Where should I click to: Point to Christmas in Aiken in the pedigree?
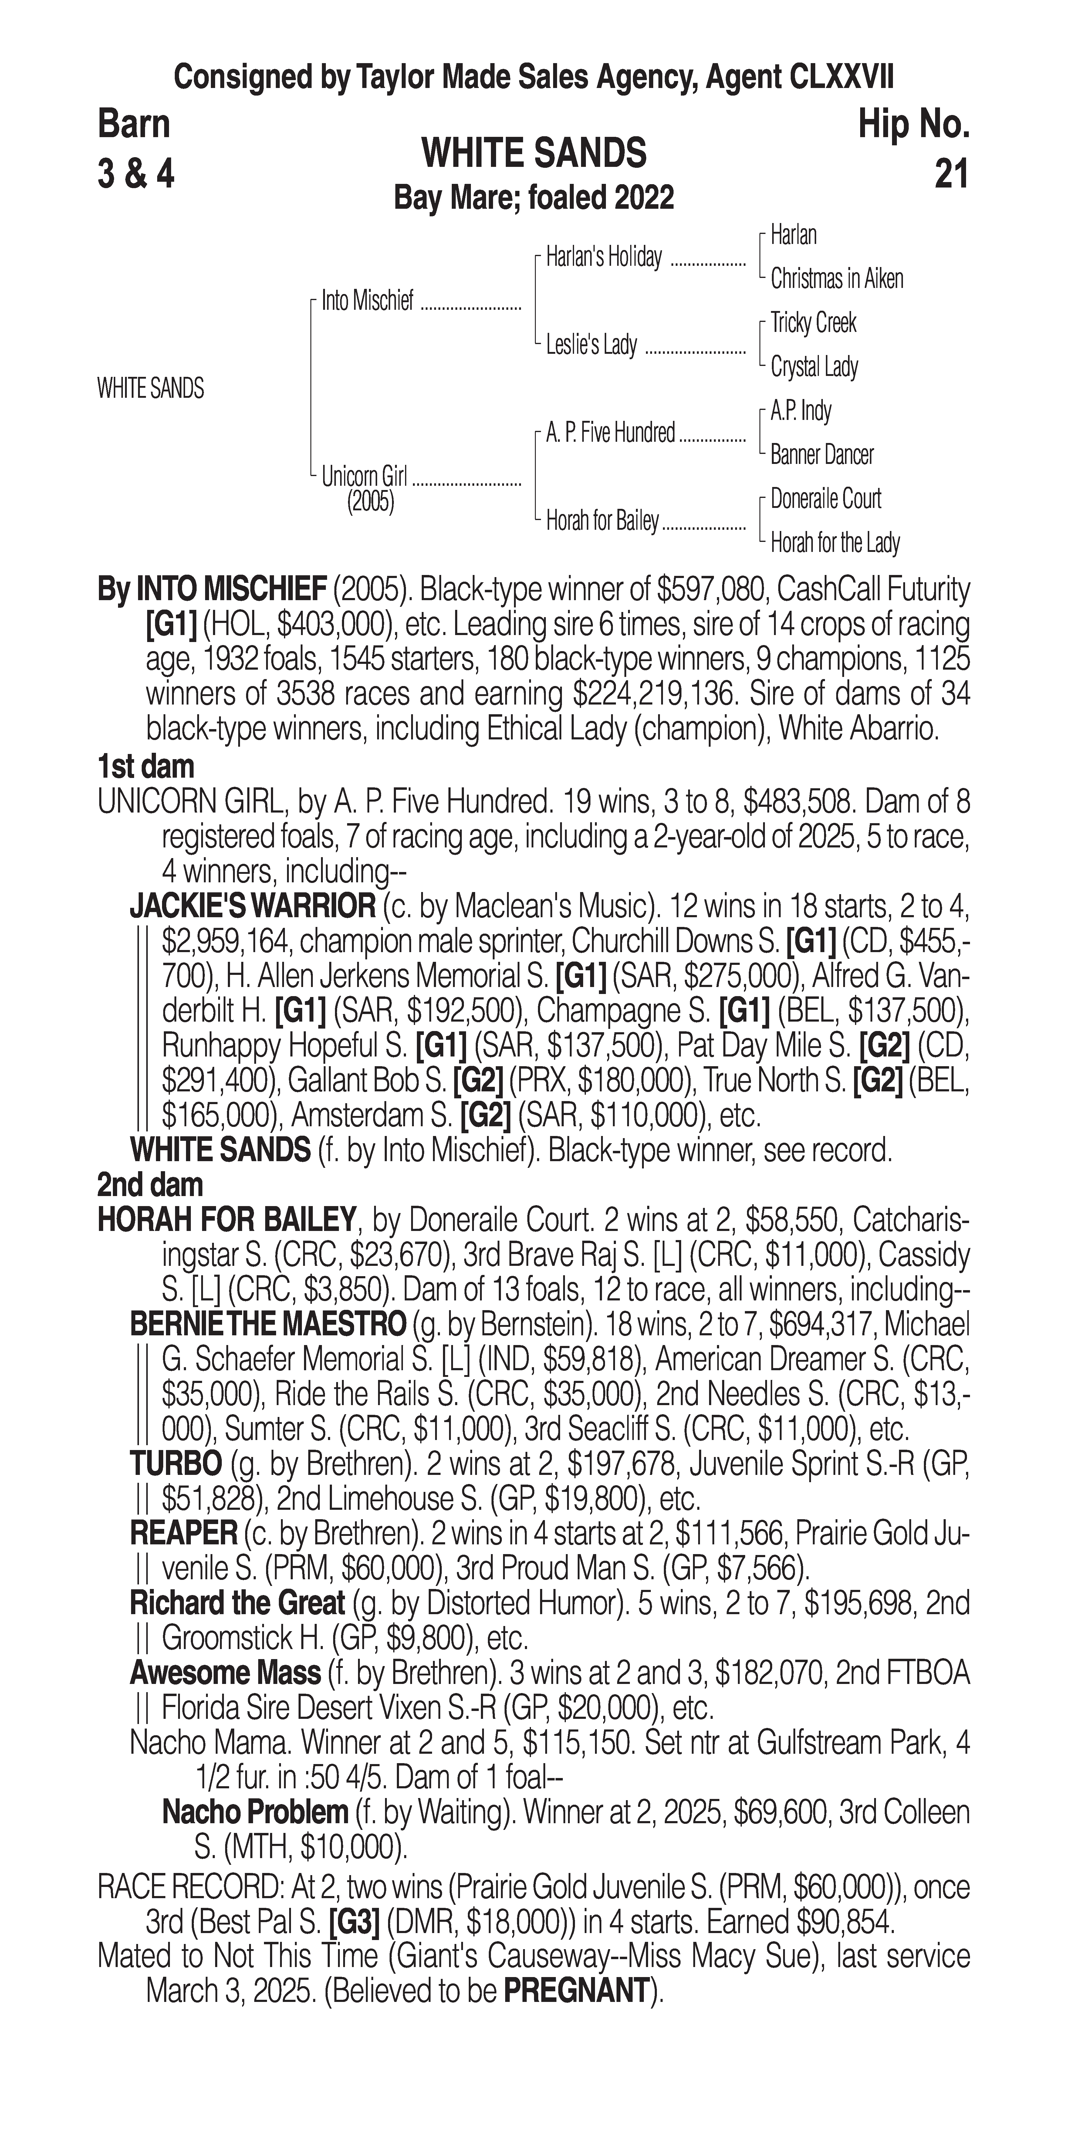point(836,279)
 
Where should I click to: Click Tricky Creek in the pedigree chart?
point(813,323)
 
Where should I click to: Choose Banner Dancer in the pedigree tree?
point(821,455)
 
